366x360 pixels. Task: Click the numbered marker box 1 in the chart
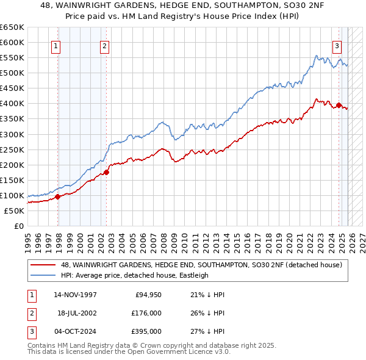(56, 45)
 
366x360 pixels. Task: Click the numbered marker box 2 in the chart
(104, 45)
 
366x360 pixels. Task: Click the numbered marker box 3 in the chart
(336, 45)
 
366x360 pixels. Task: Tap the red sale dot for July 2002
(106, 172)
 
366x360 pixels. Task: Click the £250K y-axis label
(12, 149)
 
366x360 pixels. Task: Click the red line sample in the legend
(43, 265)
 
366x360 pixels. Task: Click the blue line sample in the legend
(43, 275)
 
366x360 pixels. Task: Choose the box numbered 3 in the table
(31, 331)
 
